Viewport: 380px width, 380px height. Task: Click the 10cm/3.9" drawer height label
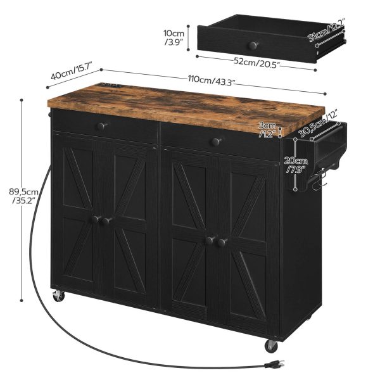pos(174,37)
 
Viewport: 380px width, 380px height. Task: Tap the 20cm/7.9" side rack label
pos(295,165)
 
